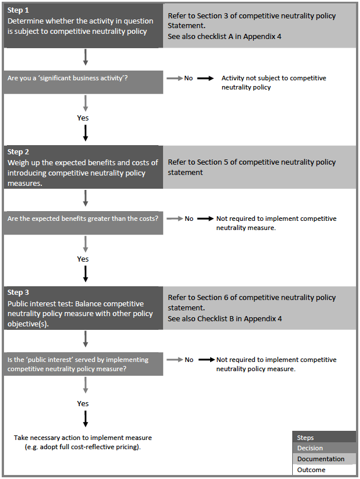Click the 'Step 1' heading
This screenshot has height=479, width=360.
(19, 11)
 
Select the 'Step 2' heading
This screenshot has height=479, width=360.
(19, 152)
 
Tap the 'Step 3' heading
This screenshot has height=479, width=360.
(19, 293)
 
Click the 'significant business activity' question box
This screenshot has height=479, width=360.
(83, 78)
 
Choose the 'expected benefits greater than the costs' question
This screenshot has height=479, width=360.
(83, 219)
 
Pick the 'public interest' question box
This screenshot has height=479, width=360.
(83, 364)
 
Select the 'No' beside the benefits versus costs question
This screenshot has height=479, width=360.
(189, 219)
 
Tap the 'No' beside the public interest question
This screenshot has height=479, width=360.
(189, 360)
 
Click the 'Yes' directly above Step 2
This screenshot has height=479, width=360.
(83, 118)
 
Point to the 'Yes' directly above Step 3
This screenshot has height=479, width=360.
(83, 259)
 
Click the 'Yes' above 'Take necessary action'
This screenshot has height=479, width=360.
(83, 403)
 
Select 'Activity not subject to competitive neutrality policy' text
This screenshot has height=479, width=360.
(273, 83)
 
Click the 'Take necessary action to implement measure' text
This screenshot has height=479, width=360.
(83, 442)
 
